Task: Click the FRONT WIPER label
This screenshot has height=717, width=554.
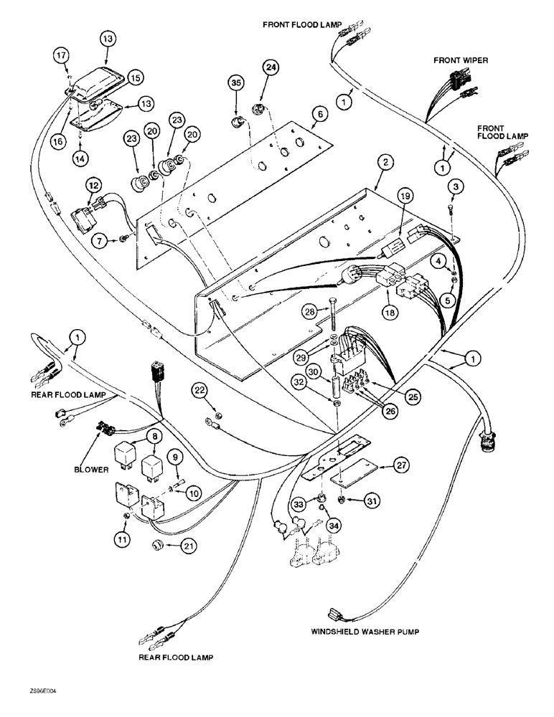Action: click(460, 61)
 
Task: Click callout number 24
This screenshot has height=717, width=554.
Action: click(269, 68)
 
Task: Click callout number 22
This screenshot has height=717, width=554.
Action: click(200, 389)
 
